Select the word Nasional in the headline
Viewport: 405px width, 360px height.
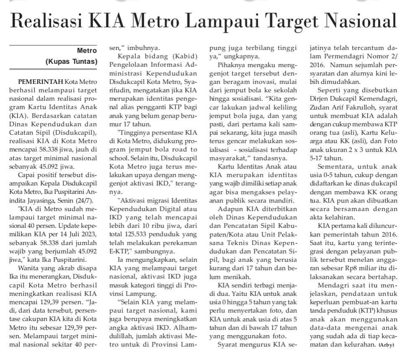(361, 21)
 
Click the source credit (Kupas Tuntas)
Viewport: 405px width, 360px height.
(71, 62)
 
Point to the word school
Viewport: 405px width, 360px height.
(119, 162)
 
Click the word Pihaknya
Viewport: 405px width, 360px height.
(233, 65)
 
